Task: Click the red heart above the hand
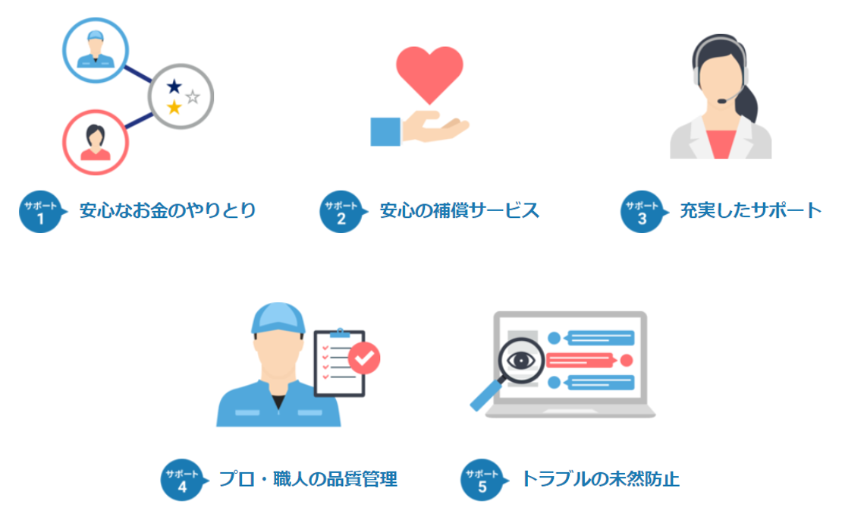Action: (x=429, y=72)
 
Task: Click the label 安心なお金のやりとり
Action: (x=168, y=210)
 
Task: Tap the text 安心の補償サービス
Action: (x=460, y=210)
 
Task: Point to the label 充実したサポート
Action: (x=750, y=210)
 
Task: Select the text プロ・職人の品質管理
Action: (x=308, y=479)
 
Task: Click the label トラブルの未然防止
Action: (x=600, y=479)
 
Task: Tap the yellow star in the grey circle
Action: (x=174, y=107)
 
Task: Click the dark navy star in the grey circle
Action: (x=174, y=86)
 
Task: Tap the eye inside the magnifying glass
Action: (x=522, y=359)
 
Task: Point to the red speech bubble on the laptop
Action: (x=580, y=359)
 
